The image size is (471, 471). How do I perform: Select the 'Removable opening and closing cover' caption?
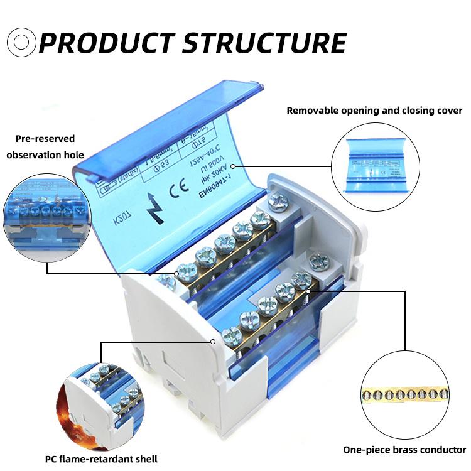coord(374,111)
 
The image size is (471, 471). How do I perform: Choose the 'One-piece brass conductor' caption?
coord(404,450)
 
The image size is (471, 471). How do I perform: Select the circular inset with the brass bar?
coord(405,395)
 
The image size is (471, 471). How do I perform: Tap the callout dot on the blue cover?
coord(233,166)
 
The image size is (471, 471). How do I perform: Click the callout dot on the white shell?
coord(214,342)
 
